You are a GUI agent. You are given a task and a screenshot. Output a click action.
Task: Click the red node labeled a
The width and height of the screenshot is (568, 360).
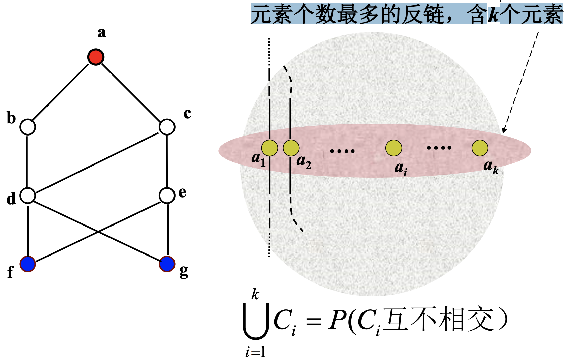pos(96,57)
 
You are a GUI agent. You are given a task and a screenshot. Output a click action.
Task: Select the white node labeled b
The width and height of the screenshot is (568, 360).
pos(28,127)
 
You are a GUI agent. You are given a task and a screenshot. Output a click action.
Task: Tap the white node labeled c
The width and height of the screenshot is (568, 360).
pos(167,127)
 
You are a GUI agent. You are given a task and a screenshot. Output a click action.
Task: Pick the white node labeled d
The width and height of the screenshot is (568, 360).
pos(28,196)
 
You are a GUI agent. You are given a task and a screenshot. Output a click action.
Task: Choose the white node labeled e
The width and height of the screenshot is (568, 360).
pos(167,196)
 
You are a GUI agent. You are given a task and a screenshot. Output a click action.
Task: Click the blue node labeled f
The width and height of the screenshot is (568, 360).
pos(28,264)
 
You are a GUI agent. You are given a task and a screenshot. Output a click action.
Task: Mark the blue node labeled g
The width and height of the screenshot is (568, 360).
pos(167,264)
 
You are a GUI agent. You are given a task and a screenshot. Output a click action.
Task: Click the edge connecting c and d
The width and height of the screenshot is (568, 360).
pos(97,163)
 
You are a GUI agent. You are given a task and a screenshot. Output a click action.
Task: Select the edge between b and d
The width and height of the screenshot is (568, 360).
pos(27,161)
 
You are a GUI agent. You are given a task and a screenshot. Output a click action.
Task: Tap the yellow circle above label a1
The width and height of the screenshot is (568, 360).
pos(270,148)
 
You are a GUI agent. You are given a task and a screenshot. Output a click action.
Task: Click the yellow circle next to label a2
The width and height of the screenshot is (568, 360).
pos(291,148)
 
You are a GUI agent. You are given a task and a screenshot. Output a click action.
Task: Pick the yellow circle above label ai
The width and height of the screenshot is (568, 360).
pos(394,148)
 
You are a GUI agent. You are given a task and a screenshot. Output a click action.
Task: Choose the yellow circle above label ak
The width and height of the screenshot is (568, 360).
pos(480,148)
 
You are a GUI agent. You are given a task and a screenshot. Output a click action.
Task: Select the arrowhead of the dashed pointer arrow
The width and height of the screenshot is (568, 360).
pos(504,130)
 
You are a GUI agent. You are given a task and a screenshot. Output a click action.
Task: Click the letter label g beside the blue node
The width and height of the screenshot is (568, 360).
pos(184,272)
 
